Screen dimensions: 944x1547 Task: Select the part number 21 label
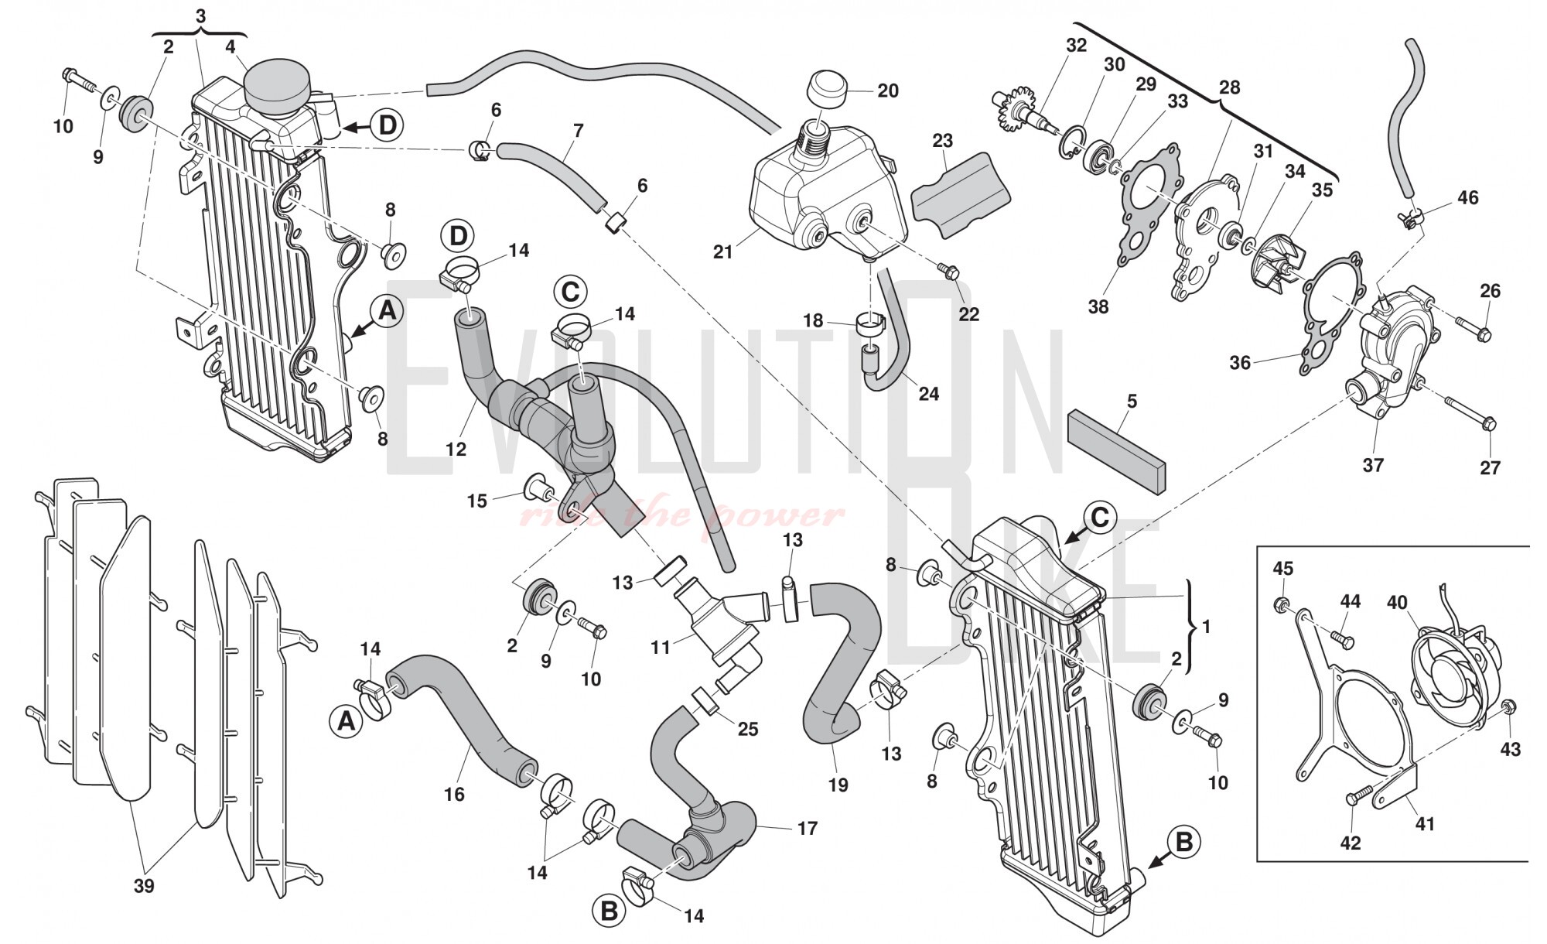tap(723, 252)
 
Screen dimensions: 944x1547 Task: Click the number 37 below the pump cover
tap(1373, 465)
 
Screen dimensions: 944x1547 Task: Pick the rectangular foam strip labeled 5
tap(1115, 448)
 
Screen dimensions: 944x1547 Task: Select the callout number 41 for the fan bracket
tap(1425, 824)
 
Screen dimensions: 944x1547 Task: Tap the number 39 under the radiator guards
tap(144, 886)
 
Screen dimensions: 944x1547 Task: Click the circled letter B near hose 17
tap(609, 912)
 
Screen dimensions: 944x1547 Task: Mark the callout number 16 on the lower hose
tap(454, 794)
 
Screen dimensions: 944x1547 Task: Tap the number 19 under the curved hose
tap(838, 785)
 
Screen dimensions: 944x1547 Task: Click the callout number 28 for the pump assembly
tap(1229, 87)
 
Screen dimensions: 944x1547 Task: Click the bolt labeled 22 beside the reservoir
tap(948, 271)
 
